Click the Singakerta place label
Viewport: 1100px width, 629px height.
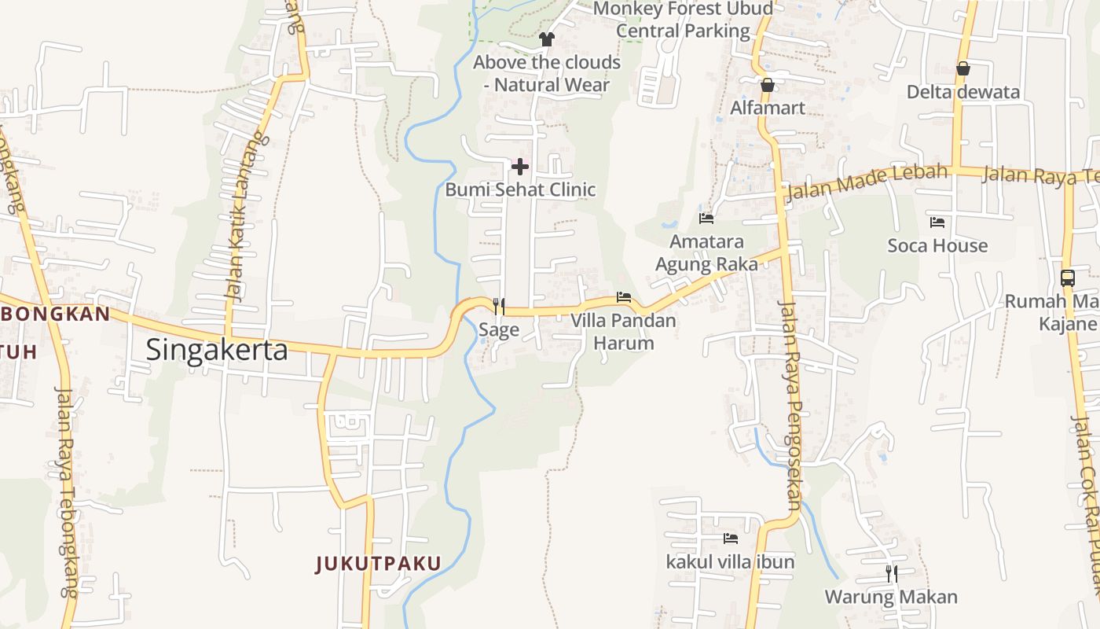click(217, 350)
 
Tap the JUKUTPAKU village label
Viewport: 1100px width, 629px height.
click(379, 564)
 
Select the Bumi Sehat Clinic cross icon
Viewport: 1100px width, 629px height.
click(519, 167)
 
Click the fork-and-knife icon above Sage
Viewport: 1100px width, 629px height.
click(498, 306)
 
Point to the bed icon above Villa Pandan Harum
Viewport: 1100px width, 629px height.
click(624, 297)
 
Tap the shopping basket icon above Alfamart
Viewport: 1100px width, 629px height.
click(768, 85)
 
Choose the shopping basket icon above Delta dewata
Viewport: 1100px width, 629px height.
click(963, 69)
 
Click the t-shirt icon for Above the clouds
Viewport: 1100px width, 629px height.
click(547, 39)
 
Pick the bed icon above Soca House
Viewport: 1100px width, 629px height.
click(937, 223)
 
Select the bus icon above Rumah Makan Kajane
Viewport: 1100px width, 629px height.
click(1067, 278)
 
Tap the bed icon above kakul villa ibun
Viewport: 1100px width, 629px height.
click(730, 539)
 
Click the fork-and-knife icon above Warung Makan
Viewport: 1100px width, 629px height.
click(892, 573)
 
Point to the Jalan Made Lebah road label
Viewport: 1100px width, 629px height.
click(867, 182)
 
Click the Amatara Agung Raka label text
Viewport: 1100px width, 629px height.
click(706, 252)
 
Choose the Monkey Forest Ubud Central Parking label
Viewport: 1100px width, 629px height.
click(683, 20)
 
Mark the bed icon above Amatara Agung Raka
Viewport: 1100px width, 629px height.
click(706, 218)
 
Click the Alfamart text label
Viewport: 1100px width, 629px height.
click(768, 108)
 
